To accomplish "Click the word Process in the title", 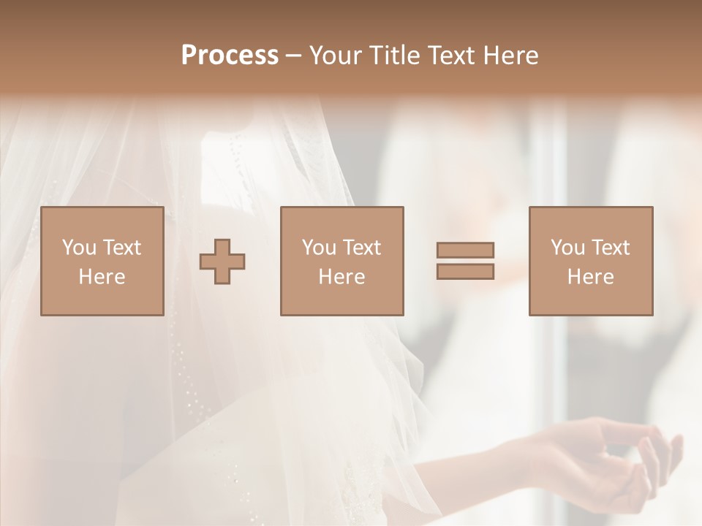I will tap(230, 56).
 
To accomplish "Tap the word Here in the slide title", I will tap(510, 56).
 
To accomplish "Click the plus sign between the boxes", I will tap(223, 262).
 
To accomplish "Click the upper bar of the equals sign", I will tap(465, 250).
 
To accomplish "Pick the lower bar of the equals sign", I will tap(465, 271).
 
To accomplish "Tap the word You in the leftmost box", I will tap(78, 248).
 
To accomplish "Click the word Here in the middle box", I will tap(341, 277).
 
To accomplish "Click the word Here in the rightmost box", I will tap(590, 277).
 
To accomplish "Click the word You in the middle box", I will tap(318, 248).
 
